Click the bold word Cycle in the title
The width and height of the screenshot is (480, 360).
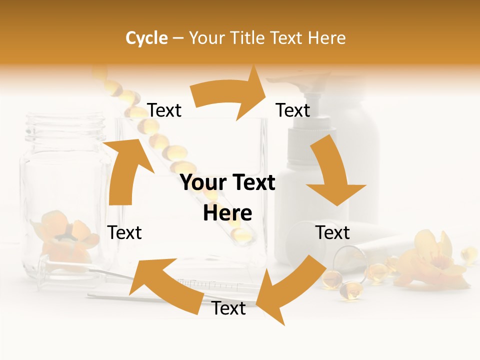click(146, 38)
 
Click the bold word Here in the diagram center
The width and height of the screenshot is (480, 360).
click(227, 213)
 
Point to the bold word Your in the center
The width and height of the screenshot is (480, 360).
click(203, 183)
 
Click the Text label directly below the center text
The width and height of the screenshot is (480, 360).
click(229, 308)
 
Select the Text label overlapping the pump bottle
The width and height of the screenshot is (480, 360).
click(293, 110)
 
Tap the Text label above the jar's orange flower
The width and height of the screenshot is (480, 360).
click(125, 232)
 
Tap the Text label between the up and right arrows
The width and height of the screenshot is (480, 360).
click(164, 110)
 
